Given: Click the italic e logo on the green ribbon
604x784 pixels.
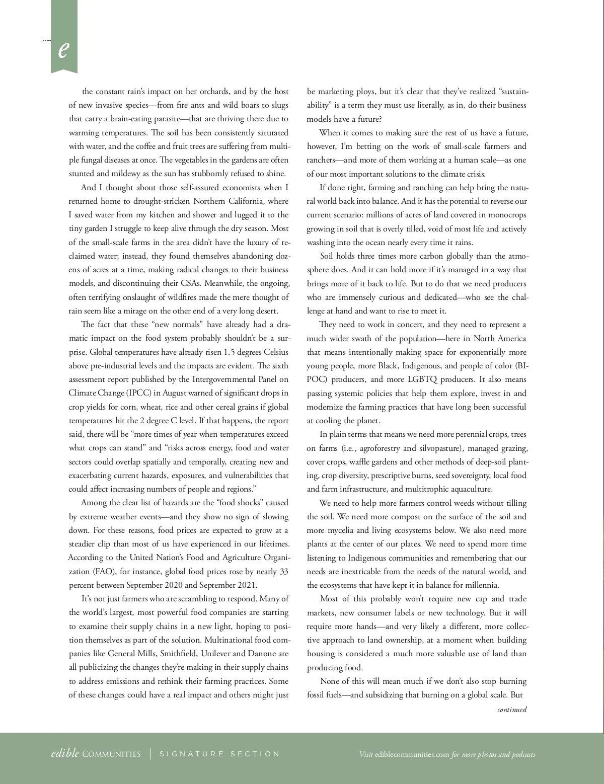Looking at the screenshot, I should (63, 49).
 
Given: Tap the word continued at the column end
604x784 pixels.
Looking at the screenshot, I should (512, 710).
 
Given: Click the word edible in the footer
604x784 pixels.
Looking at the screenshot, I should (65, 754).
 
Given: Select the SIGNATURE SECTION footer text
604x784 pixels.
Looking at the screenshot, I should (219, 754).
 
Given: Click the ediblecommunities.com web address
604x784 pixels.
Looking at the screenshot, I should (412, 754).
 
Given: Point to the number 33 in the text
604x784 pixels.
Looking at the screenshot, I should (284, 571).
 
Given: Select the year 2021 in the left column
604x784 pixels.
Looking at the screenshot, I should (246, 585).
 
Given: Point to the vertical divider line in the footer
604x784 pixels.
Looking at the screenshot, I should (150, 754).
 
